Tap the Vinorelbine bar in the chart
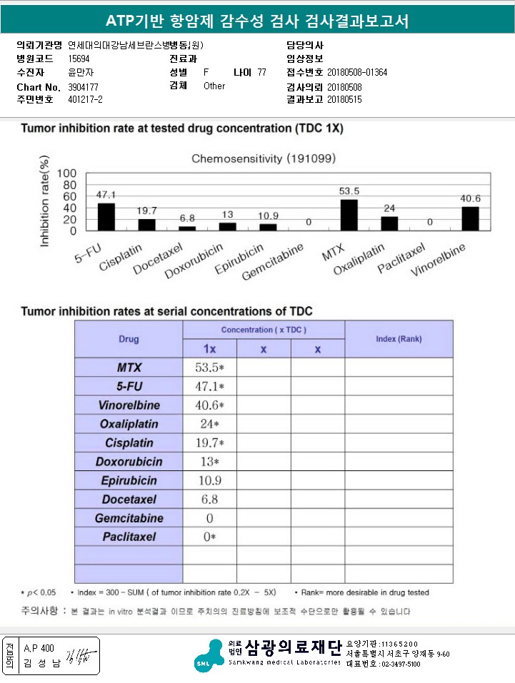pyautogui.click(x=470, y=218)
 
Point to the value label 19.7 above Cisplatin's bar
pyautogui.click(x=147, y=211)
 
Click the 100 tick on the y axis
pyautogui.click(x=66, y=173)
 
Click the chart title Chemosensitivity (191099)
pyautogui.click(x=264, y=158)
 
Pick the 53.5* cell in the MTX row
pyautogui.click(x=210, y=368)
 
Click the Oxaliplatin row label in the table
pyautogui.click(x=129, y=424)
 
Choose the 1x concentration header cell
pyautogui.click(x=210, y=349)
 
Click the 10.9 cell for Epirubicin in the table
pyautogui.click(x=210, y=480)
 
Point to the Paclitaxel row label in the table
pyautogui.click(x=129, y=537)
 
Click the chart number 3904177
pyautogui.click(x=83, y=86)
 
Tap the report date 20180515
pyautogui.click(x=344, y=100)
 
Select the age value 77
pyautogui.click(x=261, y=73)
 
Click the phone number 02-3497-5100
pyautogui.click(x=390, y=664)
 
